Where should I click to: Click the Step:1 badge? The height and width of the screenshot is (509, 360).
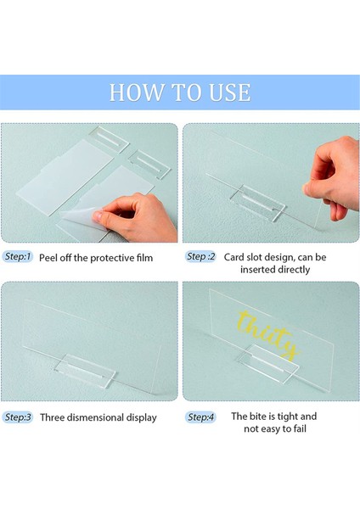pyautogui.click(x=18, y=256)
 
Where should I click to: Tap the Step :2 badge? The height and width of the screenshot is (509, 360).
pyautogui.click(x=200, y=256)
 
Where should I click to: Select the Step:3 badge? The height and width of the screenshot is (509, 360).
pyautogui.click(x=18, y=417)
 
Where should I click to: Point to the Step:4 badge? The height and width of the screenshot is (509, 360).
pyautogui.click(x=200, y=417)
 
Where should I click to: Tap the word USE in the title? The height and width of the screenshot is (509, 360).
pyautogui.click(x=230, y=92)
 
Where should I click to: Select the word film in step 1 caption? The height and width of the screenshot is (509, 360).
pyautogui.click(x=144, y=258)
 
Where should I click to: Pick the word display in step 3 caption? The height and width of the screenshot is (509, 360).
pyautogui.click(x=141, y=417)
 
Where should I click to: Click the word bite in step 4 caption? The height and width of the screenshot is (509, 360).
pyautogui.click(x=256, y=417)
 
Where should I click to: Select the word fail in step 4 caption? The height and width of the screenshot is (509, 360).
pyautogui.click(x=301, y=428)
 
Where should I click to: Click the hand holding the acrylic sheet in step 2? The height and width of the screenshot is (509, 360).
pyautogui.click(x=332, y=177)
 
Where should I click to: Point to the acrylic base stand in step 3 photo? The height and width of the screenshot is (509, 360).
pyautogui.click(x=84, y=369)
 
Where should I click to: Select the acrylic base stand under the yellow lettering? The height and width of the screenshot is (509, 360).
pyautogui.click(x=268, y=364)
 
